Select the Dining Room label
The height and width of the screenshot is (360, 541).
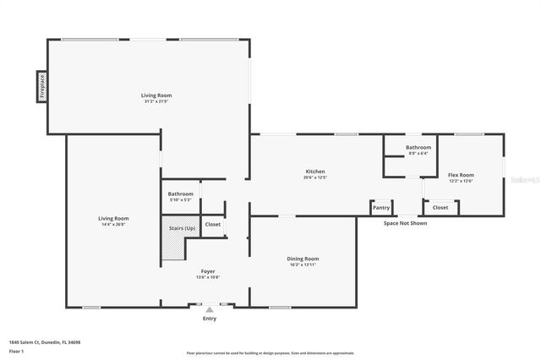(x=303, y=259)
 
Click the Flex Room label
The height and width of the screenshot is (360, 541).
(x=461, y=175)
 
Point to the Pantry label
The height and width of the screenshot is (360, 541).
(x=381, y=207)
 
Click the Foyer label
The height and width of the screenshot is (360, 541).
(x=207, y=271)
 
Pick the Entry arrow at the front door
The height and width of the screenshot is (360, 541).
(x=210, y=309)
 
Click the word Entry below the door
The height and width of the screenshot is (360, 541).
(x=210, y=319)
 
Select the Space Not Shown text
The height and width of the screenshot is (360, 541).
(x=405, y=223)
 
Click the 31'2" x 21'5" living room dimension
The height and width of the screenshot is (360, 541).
(x=156, y=101)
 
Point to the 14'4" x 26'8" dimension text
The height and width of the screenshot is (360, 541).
(x=114, y=224)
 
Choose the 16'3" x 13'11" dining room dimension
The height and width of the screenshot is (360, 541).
(x=303, y=265)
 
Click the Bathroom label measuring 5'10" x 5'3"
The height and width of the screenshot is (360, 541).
(x=180, y=194)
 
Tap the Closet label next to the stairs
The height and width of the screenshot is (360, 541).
(x=213, y=224)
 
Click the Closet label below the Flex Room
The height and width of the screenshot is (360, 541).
(x=440, y=207)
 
